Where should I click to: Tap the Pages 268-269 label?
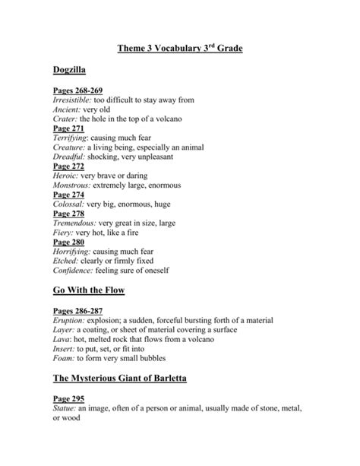78,91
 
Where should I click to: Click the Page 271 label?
68,129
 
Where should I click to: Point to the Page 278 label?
68,214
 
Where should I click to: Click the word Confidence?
73,270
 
